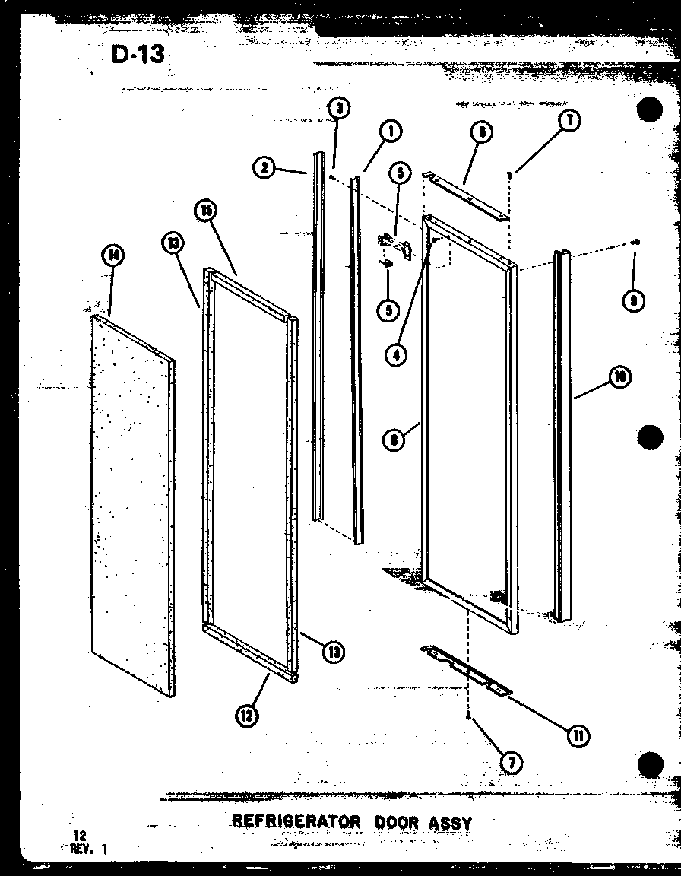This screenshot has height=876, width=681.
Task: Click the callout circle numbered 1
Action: pos(391,131)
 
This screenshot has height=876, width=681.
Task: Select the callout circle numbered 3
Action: pos(338,109)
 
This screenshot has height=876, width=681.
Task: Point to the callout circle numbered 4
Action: pos(395,353)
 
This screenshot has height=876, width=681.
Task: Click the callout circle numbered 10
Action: pos(620,376)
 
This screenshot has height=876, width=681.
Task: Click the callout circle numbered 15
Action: pos(204,211)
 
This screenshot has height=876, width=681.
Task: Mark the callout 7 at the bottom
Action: pos(512,761)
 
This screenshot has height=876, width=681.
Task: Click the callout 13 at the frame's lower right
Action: pos(332,650)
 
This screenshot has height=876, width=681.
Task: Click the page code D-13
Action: pos(138,56)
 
